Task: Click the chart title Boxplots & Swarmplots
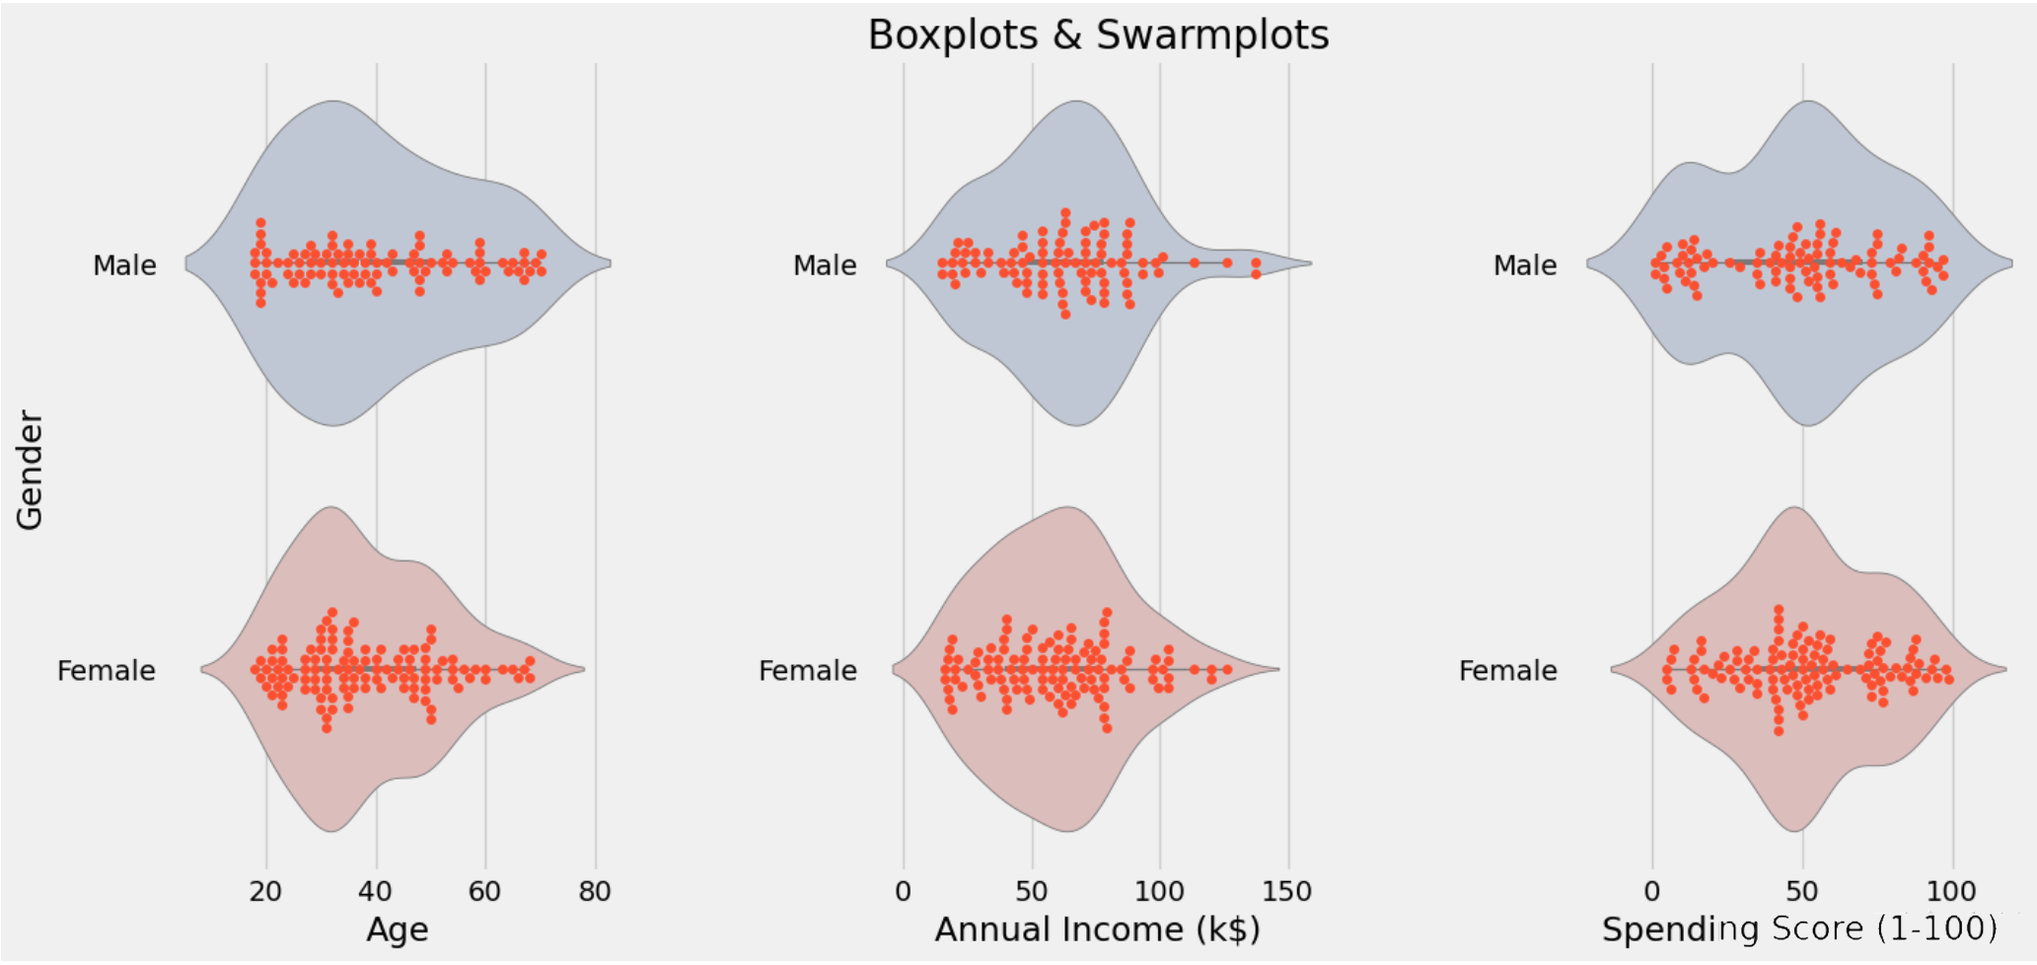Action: pyautogui.click(x=1098, y=36)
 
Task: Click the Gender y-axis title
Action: pyautogui.click(x=30, y=471)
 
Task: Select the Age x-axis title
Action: pyautogui.click(x=398, y=929)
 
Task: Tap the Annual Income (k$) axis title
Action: pyautogui.click(x=1097, y=929)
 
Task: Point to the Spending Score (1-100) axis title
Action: pyautogui.click(x=1799, y=929)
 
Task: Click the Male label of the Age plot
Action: pyautogui.click(x=124, y=265)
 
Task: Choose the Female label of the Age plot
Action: pyautogui.click(x=107, y=671)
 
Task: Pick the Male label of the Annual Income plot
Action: pyautogui.click(x=825, y=265)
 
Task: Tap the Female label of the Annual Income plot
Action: pyautogui.click(x=808, y=671)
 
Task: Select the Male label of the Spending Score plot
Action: pyautogui.click(x=1525, y=265)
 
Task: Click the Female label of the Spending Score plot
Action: pyautogui.click(x=1508, y=671)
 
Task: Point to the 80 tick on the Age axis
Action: pyautogui.click(x=595, y=892)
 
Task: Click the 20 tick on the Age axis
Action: pyautogui.click(x=265, y=892)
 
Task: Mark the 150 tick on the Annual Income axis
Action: pyautogui.click(x=1287, y=892)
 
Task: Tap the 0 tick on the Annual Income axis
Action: pyautogui.click(x=904, y=892)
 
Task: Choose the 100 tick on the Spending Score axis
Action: pyautogui.click(x=1951, y=892)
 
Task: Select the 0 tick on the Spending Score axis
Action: pyautogui.click(x=1652, y=892)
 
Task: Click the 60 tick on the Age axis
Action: pyautogui.click(x=484, y=892)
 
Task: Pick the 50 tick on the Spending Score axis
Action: pyautogui.click(x=1802, y=892)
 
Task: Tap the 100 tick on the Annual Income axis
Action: pyautogui.click(x=1159, y=892)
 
